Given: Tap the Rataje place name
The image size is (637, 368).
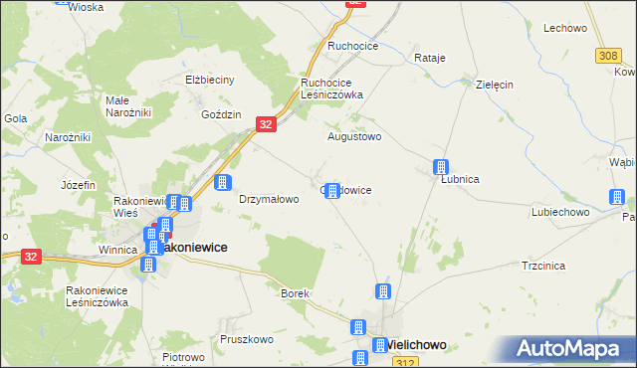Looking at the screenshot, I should pyautogui.click(x=428, y=58).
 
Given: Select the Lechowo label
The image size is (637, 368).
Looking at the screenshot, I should pyautogui.click(x=564, y=28).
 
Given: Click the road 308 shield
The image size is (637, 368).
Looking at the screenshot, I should pyautogui.click(x=609, y=57).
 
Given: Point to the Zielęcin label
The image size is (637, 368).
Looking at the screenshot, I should pyautogui.click(x=495, y=85).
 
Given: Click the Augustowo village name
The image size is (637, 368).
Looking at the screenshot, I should pyautogui.click(x=355, y=136).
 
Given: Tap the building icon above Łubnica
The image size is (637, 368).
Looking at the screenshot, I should pyautogui.click(x=440, y=166).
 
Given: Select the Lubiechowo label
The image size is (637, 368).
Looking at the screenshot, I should pyautogui.click(x=561, y=212).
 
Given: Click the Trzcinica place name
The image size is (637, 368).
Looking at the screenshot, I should pyautogui.click(x=543, y=266).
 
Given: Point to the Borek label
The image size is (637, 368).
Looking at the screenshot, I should pyautogui.click(x=296, y=294).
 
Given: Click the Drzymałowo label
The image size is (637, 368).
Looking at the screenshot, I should pyautogui.click(x=269, y=199).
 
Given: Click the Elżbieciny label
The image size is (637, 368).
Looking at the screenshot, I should pyautogui.click(x=209, y=80).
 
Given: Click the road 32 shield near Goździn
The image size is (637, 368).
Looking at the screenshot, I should pyautogui.click(x=265, y=122).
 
